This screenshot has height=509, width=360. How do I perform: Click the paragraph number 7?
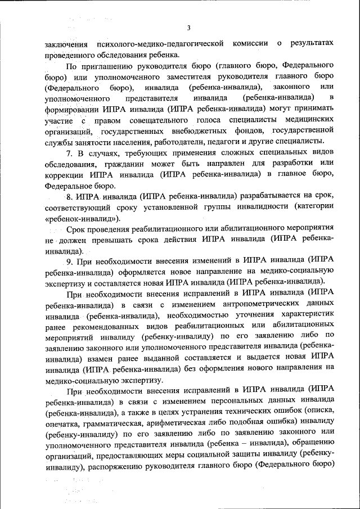(x=69, y=153)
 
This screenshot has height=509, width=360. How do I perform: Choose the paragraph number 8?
(x=69, y=195)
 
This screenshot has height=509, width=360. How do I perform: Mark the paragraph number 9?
(x=69, y=261)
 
